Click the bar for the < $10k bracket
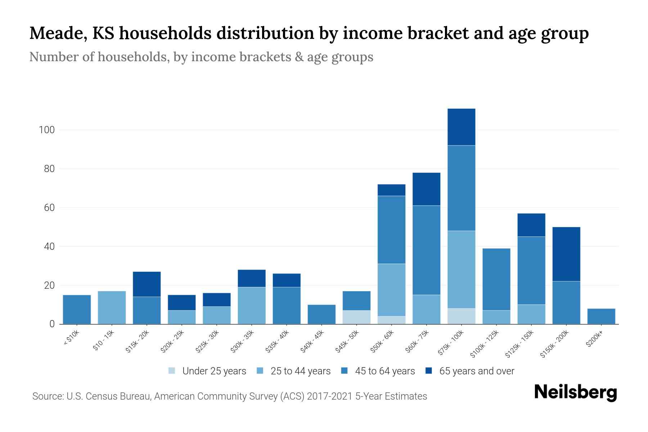pyautogui.click(x=77, y=310)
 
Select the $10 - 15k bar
pyautogui.click(x=112, y=308)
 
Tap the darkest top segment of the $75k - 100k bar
pyautogui.click(x=461, y=127)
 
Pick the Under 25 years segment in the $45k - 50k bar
pyautogui.click(x=357, y=317)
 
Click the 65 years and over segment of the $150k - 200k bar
pyautogui.click(x=566, y=254)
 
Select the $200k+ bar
pyautogui.click(x=601, y=316)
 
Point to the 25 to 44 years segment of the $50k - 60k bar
pyautogui.click(x=391, y=290)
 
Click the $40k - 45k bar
pyautogui.click(x=321, y=314)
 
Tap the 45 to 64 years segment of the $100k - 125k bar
pyautogui.click(x=496, y=279)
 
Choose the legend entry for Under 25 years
pyautogui.click(x=207, y=371)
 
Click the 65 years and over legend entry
pyautogui.click(x=470, y=371)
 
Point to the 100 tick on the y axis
pyautogui.click(x=46, y=130)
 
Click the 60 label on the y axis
pyautogui.click(x=49, y=208)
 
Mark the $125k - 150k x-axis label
pyautogui.click(x=520, y=343)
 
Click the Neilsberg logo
pyautogui.click(x=575, y=392)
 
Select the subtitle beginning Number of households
pyautogui.click(x=201, y=57)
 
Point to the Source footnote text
pyautogui.click(x=230, y=396)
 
